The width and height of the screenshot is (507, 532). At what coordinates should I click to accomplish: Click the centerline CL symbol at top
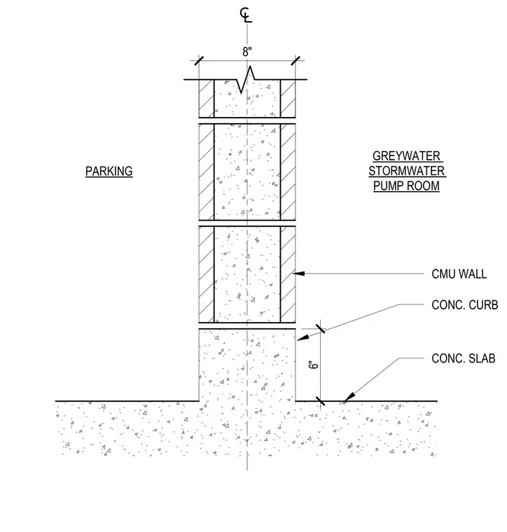coord(246,15)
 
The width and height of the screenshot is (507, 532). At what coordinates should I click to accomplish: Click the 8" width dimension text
coord(247,52)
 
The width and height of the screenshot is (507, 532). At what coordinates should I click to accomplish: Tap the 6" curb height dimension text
coord(314,365)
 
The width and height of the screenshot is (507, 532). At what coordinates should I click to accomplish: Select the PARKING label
coord(109,171)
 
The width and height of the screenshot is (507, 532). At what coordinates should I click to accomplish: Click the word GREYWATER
coord(407,156)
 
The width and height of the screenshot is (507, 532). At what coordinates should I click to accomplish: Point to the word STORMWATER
coord(407,171)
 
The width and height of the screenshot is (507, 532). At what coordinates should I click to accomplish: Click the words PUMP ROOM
coord(407,186)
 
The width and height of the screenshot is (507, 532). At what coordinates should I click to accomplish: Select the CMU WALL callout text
coord(459,274)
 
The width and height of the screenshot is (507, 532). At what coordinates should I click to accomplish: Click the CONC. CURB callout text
coord(464,305)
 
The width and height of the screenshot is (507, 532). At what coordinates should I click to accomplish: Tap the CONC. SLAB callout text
coord(463,358)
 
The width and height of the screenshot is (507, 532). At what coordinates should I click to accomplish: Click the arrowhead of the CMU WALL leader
coord(298,273)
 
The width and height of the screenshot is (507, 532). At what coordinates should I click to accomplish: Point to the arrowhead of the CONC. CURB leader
coord(303,337)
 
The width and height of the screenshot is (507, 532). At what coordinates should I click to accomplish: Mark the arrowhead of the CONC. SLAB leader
coord(349,397)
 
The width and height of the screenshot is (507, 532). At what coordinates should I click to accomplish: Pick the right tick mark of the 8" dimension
coord(296,61)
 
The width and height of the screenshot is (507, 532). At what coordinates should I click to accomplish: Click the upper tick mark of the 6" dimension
coord(320,328)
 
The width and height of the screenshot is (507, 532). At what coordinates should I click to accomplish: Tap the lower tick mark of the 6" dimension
coord(320,401)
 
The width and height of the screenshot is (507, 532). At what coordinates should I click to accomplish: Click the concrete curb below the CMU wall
coord(247,365)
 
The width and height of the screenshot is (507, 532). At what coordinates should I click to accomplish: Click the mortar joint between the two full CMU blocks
coord(247,223)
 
